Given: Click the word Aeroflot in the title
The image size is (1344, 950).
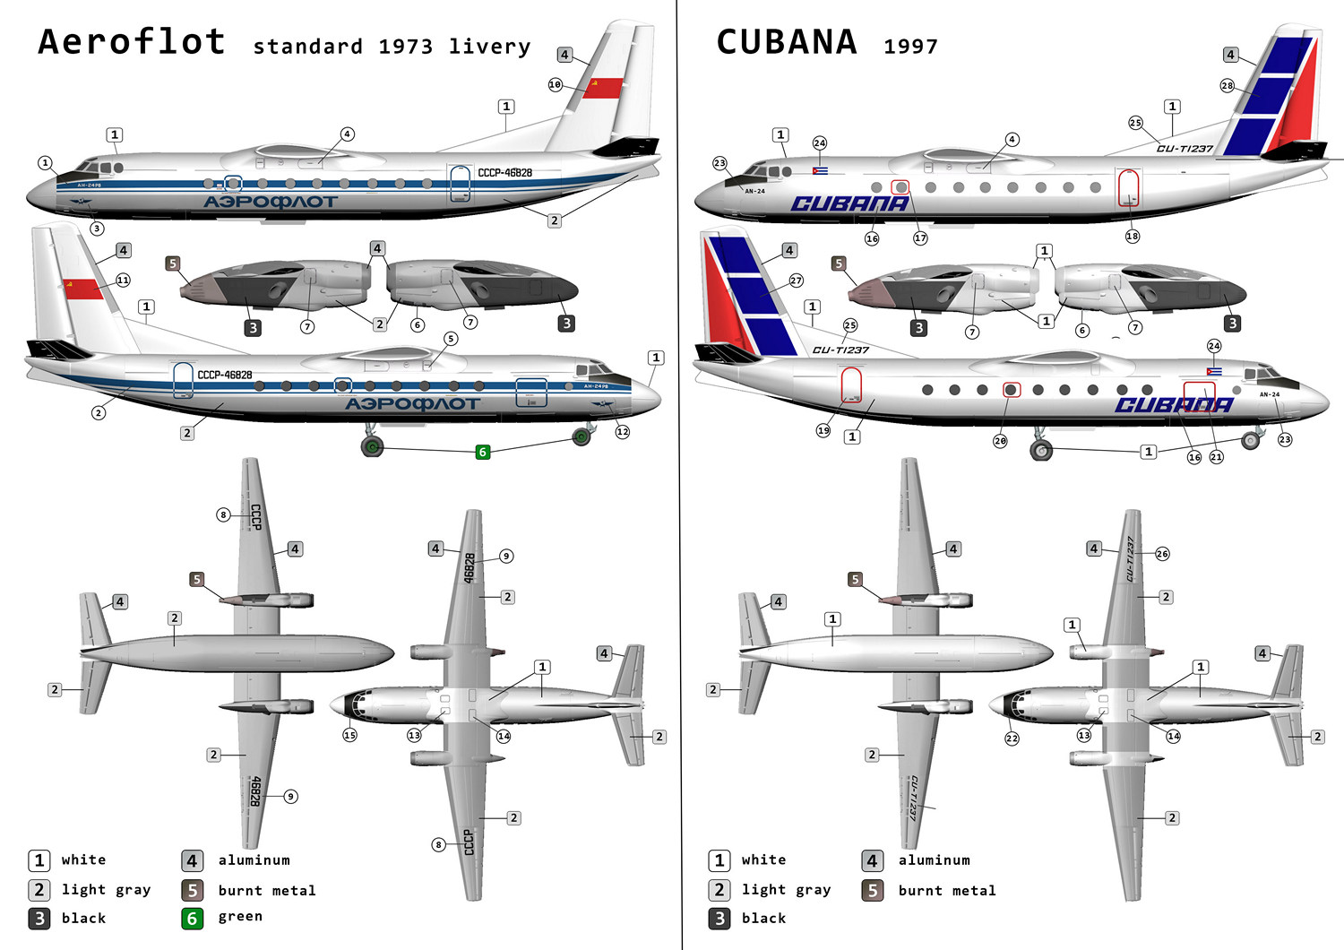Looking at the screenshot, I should [132, 42].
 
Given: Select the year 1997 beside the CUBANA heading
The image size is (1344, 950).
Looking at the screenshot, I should [910, 47].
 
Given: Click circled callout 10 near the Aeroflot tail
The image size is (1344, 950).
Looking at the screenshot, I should [556, 84].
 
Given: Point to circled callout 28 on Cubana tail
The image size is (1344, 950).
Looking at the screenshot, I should [1227, 86].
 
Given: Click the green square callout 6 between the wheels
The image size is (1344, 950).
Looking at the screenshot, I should [483, 452].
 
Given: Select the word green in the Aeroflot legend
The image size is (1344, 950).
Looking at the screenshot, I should [240, 916].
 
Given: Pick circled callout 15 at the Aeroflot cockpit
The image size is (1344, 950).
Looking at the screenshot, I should [349, 735].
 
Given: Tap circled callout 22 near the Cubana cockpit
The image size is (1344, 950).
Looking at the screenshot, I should [1012, 738].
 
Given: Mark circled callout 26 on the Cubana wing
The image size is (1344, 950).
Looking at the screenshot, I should [1162, 554].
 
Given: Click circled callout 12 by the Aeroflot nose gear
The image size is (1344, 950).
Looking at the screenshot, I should [623, 431].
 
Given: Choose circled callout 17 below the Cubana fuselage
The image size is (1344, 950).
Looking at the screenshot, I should [920, 237].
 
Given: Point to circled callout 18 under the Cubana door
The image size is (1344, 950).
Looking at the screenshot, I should [1133, 236].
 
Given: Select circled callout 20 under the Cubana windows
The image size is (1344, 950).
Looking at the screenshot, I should [1000, 440].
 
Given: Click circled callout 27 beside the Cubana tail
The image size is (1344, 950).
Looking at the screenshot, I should [796, 281].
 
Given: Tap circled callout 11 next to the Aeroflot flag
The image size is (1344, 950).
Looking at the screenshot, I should [123, 281].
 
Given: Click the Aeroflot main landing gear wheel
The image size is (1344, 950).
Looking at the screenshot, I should [372, 445].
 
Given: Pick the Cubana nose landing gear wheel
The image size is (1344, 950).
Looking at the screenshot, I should [1251, 440].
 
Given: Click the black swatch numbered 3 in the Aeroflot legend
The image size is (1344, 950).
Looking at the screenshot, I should [39, 918].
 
